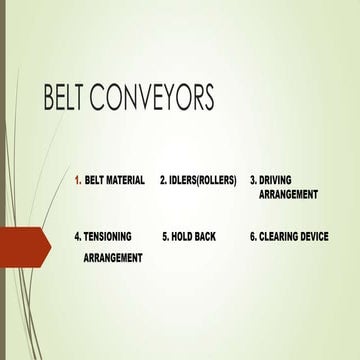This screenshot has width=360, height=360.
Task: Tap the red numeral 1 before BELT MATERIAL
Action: [78, 181]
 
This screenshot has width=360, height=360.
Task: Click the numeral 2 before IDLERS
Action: [163, 181]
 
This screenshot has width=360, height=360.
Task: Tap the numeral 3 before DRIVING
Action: [253, 181]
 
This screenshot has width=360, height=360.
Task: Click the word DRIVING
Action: [281, 181]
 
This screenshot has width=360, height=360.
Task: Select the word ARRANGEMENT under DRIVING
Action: [288, 195]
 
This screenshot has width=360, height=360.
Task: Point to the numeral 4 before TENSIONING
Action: [77, 238]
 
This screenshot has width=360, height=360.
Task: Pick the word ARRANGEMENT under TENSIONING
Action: [112, 257]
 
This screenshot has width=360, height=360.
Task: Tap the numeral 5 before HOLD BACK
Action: [165, 238]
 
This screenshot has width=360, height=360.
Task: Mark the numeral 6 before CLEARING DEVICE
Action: [253, 238]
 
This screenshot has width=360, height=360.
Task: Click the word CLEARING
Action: [280, 238]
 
